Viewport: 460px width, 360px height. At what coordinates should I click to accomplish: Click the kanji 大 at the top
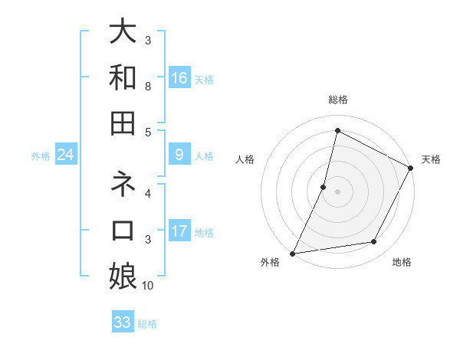pyautogui.click(x=123, y=31)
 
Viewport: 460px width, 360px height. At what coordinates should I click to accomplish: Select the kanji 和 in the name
pyautogui.click(x=123, y=77)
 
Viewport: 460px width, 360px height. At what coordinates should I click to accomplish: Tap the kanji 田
pyautogui.click(x=123, y=123)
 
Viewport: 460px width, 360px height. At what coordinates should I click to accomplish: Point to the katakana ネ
pyautogui.click(x=123, y=185)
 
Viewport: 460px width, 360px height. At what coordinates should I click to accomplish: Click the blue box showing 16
pyautogui.click(x=179, y=78)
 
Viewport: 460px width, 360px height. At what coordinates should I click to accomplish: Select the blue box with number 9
pyautogui.click(x=179, y=155)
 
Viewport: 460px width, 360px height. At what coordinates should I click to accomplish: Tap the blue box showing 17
pyautogui.click(x=179, y=231)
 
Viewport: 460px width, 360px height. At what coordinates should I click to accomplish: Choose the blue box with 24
pyautogui.click(x=66, y=155)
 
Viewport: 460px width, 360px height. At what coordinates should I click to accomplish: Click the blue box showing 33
pyautogui.click(x=123, y=322)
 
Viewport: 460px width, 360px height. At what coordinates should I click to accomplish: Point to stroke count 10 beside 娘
pyautogui.click(x=148, y=286)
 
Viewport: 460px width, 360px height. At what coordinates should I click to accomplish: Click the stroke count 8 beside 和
pyautogui.click(x=148, y=87)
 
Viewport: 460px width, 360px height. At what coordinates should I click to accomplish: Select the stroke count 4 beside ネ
pyautogui.click(x=148, y=194)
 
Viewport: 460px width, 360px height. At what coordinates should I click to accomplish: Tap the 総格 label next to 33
pyautogui.click(x=147, y=324)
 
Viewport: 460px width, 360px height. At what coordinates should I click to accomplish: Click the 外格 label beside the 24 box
pyautogui.click(x=41, y=156)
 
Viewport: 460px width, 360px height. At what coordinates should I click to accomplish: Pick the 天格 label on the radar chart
pyautogui.click(x=431, y=159)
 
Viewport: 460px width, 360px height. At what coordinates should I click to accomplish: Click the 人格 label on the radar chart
pyautogui.click(x=245, y=159)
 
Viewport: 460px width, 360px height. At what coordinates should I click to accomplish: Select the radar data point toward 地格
pyautogui.click(x=374, y=242)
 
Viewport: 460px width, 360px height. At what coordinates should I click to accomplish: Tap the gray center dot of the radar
pyautogui.click(x=337, y=191)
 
